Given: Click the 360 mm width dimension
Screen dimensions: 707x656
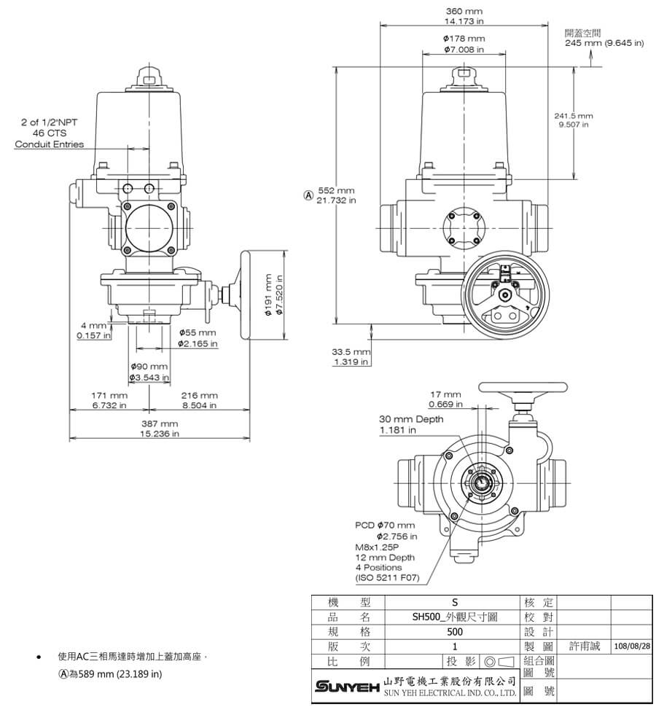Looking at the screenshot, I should click(x=464, y=12).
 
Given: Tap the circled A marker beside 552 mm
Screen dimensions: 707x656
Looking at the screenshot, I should click(x=308, y=195).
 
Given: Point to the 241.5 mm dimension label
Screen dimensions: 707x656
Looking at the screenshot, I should click(x=573, y=116).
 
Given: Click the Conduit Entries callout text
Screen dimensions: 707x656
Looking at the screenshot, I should click(x=50, y=144).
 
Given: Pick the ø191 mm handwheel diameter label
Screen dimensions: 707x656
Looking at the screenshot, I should click(x=268, y=294).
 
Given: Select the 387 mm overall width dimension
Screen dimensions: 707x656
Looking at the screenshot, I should click(x=159, y=423).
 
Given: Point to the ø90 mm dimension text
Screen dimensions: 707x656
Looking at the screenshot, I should click(x=149, y=367).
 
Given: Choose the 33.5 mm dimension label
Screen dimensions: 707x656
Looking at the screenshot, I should click(x=351, y=352).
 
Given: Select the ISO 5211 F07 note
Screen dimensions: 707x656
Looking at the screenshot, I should click(x=387, y=577).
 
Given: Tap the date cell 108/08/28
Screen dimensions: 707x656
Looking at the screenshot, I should click(x=631, y=646).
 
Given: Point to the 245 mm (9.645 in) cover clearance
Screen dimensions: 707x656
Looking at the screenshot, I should click(x=604, y=43).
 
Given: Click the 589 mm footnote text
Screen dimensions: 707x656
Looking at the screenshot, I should click(x=115, y=673).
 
